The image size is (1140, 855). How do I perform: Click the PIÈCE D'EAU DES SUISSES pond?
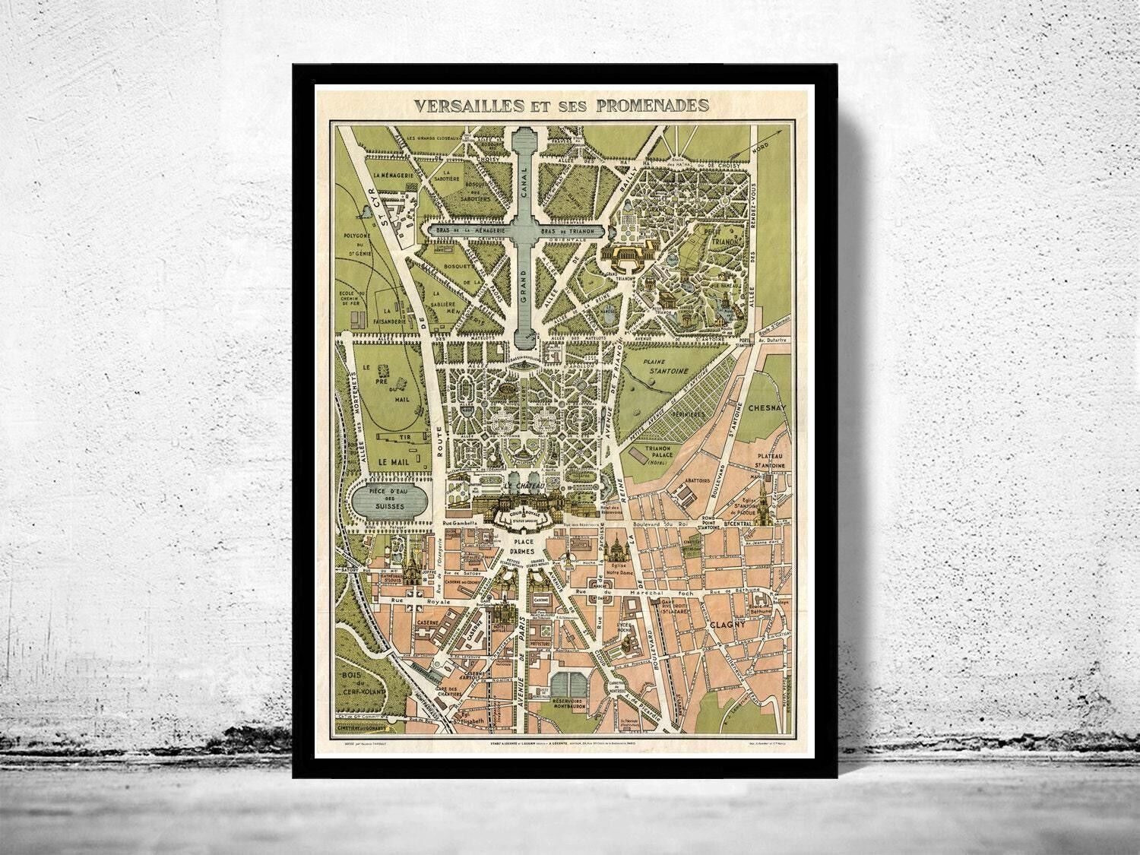[386, 502]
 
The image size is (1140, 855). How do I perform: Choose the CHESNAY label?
[769, 407]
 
